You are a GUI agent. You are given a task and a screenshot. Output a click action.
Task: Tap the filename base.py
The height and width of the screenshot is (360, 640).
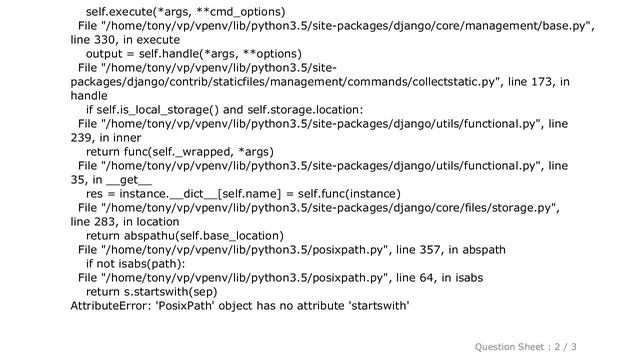point(562,25)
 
